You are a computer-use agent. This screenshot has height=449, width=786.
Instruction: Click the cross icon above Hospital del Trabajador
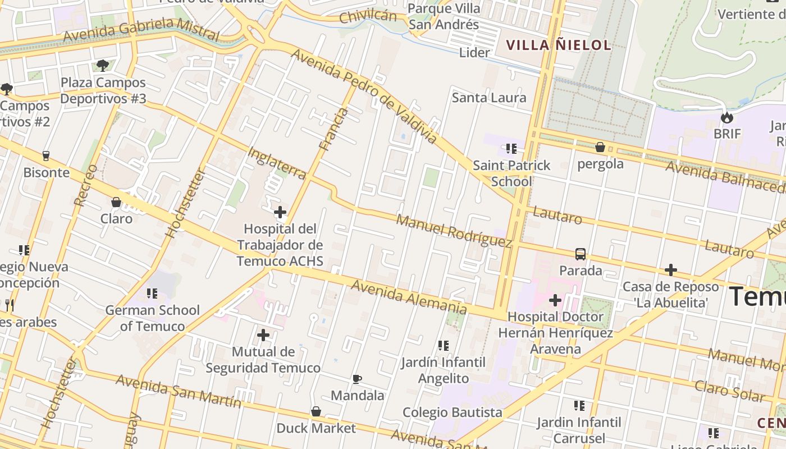click(280, 212)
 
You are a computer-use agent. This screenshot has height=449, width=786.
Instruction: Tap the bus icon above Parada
click(580, 254)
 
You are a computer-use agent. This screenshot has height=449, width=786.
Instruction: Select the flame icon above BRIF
click(727, 117)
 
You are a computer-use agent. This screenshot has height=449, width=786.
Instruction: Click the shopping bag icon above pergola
click(600, 148)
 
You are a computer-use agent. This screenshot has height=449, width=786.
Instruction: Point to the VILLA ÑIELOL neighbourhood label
click(558, 45)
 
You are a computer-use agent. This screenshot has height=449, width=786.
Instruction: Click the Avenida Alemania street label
click(409, 297)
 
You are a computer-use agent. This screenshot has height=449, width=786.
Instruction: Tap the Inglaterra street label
click(277, 163)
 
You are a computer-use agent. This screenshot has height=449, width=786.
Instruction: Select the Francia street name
click(333, 129)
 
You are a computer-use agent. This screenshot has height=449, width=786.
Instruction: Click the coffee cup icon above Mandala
click(357, 379)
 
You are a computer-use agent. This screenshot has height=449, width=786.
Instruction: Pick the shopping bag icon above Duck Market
click(316, 412)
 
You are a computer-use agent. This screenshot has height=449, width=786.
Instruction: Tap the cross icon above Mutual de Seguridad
click(263, 336)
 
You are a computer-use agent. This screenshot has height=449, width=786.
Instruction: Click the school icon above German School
click(152, 294)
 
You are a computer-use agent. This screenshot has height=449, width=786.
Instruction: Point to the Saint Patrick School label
click(511, 173)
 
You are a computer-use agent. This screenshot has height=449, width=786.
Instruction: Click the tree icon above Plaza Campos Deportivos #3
click(103, 66)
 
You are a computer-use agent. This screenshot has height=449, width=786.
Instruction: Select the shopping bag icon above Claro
click(116, 202)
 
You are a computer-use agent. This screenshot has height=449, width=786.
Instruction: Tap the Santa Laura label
click(489, 98)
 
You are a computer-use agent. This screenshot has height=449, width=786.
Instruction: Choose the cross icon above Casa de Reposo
click(670, 270)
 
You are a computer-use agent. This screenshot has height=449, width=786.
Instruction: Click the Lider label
click(474, 53)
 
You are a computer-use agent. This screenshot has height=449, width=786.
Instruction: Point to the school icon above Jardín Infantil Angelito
click(444, 346)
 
